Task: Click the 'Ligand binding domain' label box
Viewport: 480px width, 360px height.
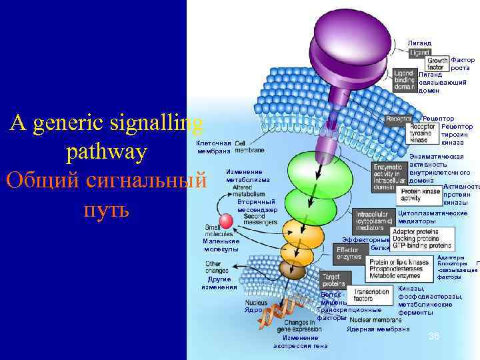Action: point(404,79)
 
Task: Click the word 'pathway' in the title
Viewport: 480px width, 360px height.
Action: point(106,152)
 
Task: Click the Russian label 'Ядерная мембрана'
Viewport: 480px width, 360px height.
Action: point(378,329)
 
